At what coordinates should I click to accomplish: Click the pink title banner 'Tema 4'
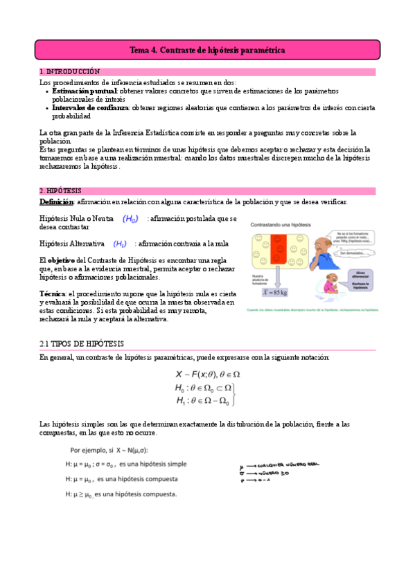coord(207,51)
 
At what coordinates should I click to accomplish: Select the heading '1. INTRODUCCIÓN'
coord(69,71)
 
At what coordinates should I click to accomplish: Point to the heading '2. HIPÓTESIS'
coord(61,190)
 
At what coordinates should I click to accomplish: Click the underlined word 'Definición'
coord(55,201)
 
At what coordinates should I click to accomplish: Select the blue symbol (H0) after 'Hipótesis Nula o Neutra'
coord(130,219)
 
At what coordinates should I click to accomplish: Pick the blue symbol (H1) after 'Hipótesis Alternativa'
coord(120,244)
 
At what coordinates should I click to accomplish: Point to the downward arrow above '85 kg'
coord(279,276)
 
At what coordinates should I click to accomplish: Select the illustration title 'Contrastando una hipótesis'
coord(280,226)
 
